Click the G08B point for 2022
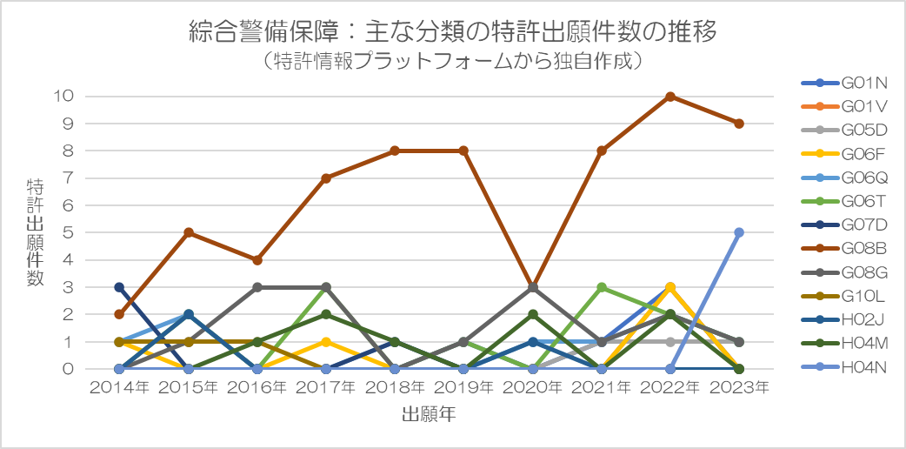click(670, 97)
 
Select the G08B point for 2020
click(532, 287)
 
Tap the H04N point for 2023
click(739, 232)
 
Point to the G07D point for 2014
click(119, 287)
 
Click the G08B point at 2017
click(326, 178)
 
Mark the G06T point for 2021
click(602, 287)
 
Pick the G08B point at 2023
click(739, 124)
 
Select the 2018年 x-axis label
click(395, 388)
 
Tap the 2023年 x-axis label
click(739, 388)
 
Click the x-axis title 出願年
click(429, 415)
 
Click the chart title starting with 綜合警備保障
click(452, 33)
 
